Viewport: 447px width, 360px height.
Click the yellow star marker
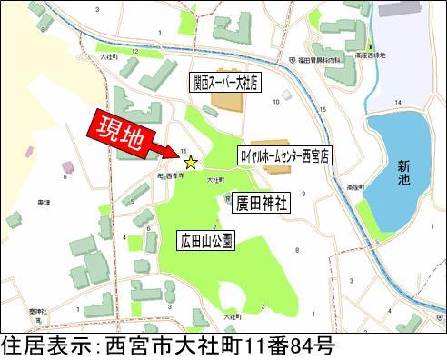tap(191, 163)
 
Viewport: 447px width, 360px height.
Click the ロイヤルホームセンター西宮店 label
tap(285, 156)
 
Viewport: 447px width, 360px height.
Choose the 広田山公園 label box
tap(206, 240)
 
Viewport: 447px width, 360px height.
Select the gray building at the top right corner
tap(401, 9)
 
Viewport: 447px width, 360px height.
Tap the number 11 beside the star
tap(184, 151)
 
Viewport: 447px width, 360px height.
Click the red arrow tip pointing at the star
tap(178, 156)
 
